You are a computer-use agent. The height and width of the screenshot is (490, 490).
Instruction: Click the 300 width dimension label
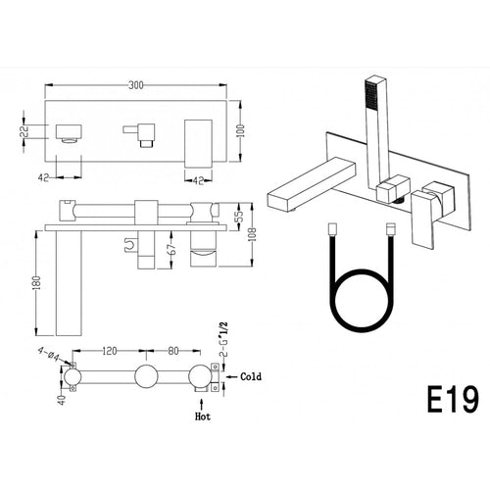(x=136, y=85)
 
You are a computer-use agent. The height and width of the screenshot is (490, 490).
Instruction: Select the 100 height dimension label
(x=241, y=130)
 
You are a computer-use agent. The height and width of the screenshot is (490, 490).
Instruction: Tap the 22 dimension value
(x=24, y=131)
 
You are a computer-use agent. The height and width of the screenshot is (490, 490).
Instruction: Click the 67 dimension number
(x=173, y=249)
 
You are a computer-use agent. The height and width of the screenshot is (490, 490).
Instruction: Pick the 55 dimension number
(x=240, y=215)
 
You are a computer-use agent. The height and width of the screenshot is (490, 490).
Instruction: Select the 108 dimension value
(x=253, y=235)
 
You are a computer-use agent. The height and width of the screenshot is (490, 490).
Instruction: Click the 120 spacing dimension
(x=109, y=351)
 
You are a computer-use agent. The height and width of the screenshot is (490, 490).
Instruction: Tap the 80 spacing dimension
(x=173, y=351)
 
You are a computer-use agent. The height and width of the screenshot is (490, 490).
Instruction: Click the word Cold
(x=251, y=376)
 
